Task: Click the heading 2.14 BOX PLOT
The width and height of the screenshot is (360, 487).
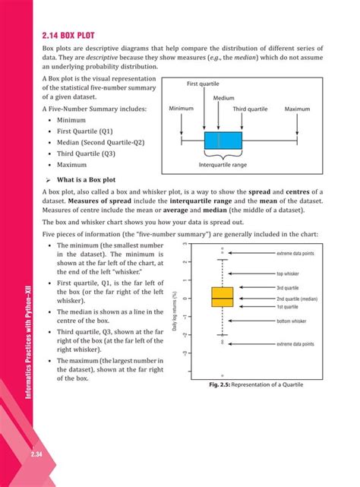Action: [72, 35]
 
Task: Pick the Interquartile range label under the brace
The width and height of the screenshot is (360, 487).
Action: [223, 165]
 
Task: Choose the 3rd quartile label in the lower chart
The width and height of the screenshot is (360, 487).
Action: [287, 289]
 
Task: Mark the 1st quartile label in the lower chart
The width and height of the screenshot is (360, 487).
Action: [286, 306]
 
